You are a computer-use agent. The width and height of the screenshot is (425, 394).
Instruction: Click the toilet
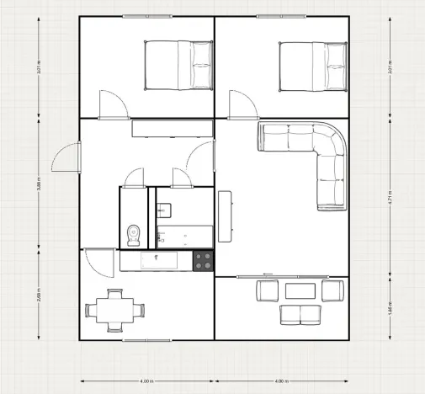(133, 233)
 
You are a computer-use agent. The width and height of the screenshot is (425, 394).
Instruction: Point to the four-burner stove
(203, 262)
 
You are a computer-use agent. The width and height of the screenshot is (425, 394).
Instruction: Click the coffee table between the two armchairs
(300, 291)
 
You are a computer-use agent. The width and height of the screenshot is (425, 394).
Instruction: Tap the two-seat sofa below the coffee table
(300, 315)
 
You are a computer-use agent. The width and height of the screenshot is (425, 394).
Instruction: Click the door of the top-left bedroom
(113, 104)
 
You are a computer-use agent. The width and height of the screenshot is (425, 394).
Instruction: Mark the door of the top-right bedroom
(243, 104)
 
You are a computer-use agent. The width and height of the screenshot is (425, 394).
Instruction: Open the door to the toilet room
(134, 178)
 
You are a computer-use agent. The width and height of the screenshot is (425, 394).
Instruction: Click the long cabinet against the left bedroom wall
(172, 127)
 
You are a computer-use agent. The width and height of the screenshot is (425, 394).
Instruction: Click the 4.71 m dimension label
(389, 199)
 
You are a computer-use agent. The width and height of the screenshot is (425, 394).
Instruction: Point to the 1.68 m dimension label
(389, 307)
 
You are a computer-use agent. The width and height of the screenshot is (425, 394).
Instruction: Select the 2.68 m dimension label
(39, 295)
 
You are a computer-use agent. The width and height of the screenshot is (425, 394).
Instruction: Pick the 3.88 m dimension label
(39, 184)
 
